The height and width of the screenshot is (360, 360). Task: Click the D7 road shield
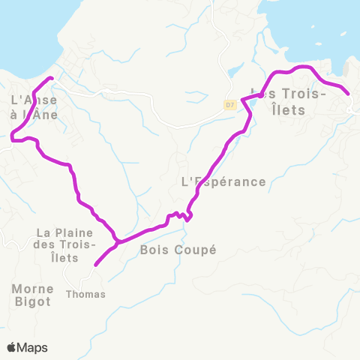[x=230, y=105]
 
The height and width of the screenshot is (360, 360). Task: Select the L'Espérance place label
[x=224, y=181]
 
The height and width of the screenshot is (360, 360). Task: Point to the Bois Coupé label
[x=178, y=250]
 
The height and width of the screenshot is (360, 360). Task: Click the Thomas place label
[x=86, y=294]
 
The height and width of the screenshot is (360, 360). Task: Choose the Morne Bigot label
[x=31, y=295]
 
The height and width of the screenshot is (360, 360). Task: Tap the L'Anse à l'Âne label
[x=34, y=106]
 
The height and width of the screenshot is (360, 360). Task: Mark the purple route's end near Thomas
[x=95, y=265]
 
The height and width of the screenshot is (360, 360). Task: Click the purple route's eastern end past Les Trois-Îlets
[x=349, y=94]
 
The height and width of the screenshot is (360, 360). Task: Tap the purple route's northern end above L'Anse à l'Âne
[x=51, y=78]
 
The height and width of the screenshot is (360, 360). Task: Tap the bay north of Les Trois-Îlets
[x=315, y=30]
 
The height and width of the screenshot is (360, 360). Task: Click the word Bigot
[x=31, y=301]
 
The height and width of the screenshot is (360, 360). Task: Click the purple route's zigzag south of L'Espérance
[x=183, y=216]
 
